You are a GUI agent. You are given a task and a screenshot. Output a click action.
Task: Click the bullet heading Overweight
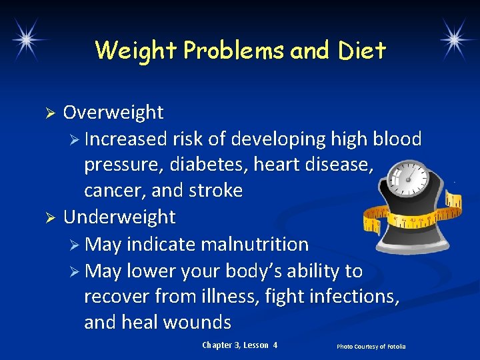pos(113,113)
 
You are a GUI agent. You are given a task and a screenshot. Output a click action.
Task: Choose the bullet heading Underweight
pos(119,217)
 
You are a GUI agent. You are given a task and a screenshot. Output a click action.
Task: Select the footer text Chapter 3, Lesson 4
pos(239,345)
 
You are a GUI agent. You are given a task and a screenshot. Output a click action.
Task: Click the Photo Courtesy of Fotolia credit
pos(371,346)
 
